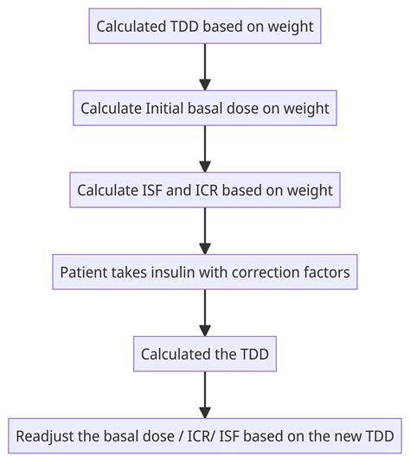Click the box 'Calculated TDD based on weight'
coord(205,27)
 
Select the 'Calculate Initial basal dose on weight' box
coord(205,108)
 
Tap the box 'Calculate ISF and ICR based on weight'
coord(205,190)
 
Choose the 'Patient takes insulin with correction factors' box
coord(205,271)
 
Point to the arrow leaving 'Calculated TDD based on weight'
coord(205,67)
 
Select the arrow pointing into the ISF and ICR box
coord(205,149)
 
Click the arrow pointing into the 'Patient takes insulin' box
coord(205,231)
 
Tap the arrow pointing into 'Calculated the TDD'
coord(205,312)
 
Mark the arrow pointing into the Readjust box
coord(205,393)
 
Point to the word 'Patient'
coord(84,272)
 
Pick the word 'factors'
coord(327,272)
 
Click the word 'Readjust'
coord(48,434)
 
